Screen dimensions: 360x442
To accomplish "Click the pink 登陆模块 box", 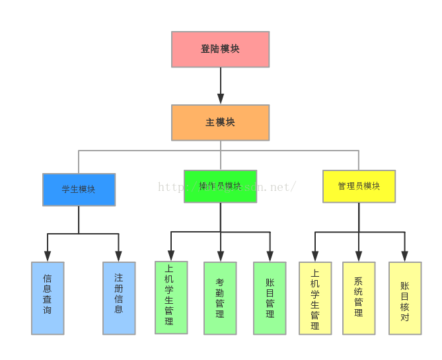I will tap(220, 50).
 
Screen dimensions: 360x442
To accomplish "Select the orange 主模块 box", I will tap(220, 122).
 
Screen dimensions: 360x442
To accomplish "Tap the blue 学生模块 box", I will tap(79, 190).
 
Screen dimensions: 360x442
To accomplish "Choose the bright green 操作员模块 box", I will tap(220, 186).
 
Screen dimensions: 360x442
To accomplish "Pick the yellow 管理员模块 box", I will tap(359, 186).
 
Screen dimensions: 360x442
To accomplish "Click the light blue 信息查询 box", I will tap(48, 298).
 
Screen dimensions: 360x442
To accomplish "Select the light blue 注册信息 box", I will tap(119, 298).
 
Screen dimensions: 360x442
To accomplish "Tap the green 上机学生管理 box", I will tap(171, 297).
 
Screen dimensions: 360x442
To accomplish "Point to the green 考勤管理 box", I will tap(220, 298).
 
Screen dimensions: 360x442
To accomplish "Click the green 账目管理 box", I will tap(270, 298).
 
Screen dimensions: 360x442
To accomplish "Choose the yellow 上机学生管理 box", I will tap(315, 298).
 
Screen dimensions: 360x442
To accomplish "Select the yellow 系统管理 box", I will tap(359, 298).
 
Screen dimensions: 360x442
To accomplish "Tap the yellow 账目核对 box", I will tap(405, 298).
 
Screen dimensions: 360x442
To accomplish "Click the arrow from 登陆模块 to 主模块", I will tap(220, 86).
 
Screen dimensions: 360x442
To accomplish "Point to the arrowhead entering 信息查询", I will tap(48, 256).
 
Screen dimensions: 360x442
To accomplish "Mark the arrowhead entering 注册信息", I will tap(119, 256).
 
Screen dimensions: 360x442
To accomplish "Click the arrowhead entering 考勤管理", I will tap(220, 256).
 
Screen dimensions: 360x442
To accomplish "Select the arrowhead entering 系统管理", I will tap(359, 256).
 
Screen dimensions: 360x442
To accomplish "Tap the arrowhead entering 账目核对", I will tap(405, 256).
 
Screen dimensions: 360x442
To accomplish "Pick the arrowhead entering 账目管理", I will tap(270, 256).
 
